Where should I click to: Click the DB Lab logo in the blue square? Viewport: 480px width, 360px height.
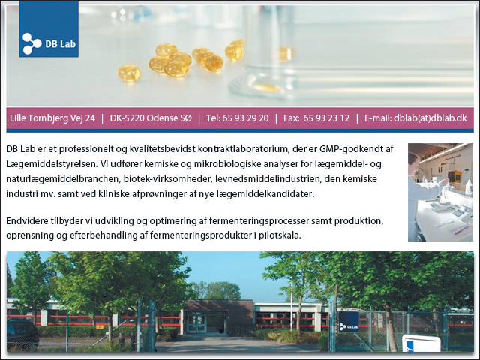[x=49, y=29]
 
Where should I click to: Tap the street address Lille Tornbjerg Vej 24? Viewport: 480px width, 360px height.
[x=52, y=118]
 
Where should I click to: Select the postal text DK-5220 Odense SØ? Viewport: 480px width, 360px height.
[x=151, y=118]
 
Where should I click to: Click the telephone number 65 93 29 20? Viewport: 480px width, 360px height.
[x=245, y=118]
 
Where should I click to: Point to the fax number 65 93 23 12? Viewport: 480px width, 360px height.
[x=326, y=118]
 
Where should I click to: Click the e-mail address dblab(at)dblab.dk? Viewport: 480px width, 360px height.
[x=430, y=118]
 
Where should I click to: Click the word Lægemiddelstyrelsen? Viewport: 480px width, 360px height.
[x=52, y=164]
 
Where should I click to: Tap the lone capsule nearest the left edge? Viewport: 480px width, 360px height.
[x=130, y=73]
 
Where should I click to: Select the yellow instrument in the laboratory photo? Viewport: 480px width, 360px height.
[x=454, y=177]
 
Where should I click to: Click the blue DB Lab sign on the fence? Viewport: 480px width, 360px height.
[x=349, y=322]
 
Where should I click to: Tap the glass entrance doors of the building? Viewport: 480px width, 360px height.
[x=196, y=323]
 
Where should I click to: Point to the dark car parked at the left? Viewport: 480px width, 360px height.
[x=22, y=334]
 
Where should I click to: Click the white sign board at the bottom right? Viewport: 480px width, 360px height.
[x=421, y=343]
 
